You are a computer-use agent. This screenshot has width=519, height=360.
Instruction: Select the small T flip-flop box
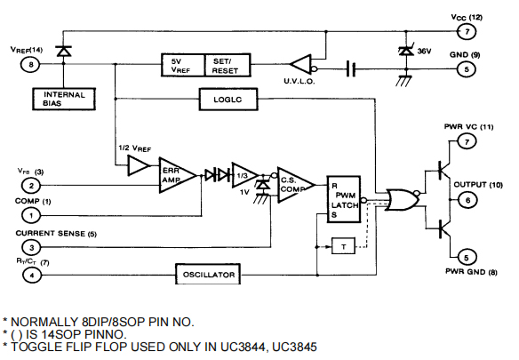(x=342, y=246)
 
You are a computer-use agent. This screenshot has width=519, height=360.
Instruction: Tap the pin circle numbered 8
(x=32, y=64)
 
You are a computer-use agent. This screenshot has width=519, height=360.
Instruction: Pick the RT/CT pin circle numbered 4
(x=32, y=275)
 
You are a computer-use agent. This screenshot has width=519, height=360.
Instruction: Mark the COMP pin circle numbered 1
(x=32, y=214)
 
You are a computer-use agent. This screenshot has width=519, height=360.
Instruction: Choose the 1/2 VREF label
(x=134, y=147)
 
